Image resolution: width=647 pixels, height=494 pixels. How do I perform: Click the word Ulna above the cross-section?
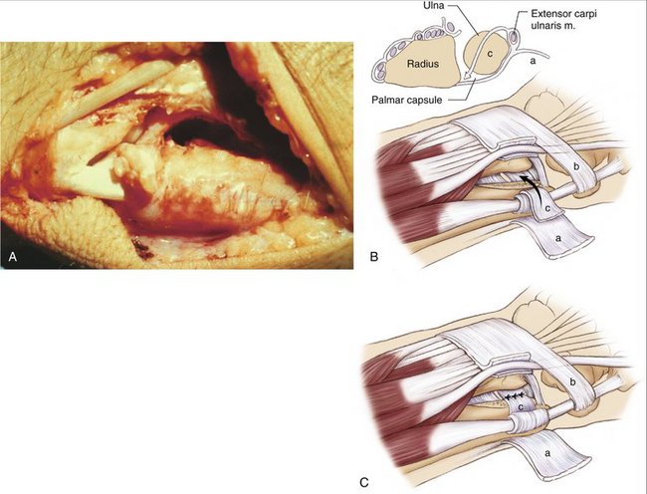(434, 7)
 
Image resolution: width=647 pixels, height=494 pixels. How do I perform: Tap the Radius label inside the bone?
(422, 64)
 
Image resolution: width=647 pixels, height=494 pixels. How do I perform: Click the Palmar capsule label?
(407, 100)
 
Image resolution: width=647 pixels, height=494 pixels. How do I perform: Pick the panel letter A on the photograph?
(13, 257)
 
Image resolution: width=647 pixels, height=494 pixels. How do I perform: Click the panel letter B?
(374, 257)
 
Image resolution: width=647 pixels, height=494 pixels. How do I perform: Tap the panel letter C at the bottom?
(364, 482)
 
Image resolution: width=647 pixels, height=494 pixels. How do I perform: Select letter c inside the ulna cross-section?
(490, 54)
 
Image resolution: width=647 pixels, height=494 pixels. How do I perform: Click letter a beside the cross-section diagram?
(533, 61)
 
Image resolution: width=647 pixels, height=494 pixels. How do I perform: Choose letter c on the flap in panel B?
(547, 208)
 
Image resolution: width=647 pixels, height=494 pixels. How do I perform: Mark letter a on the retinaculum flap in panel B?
(558, 238)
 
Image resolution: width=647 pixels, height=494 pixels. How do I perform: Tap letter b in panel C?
(572, 382)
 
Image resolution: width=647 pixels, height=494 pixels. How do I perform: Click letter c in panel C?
(521, 407)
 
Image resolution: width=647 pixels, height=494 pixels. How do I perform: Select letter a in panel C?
(548, 453)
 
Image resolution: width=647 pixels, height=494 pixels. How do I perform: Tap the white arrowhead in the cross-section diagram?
(468, 76)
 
